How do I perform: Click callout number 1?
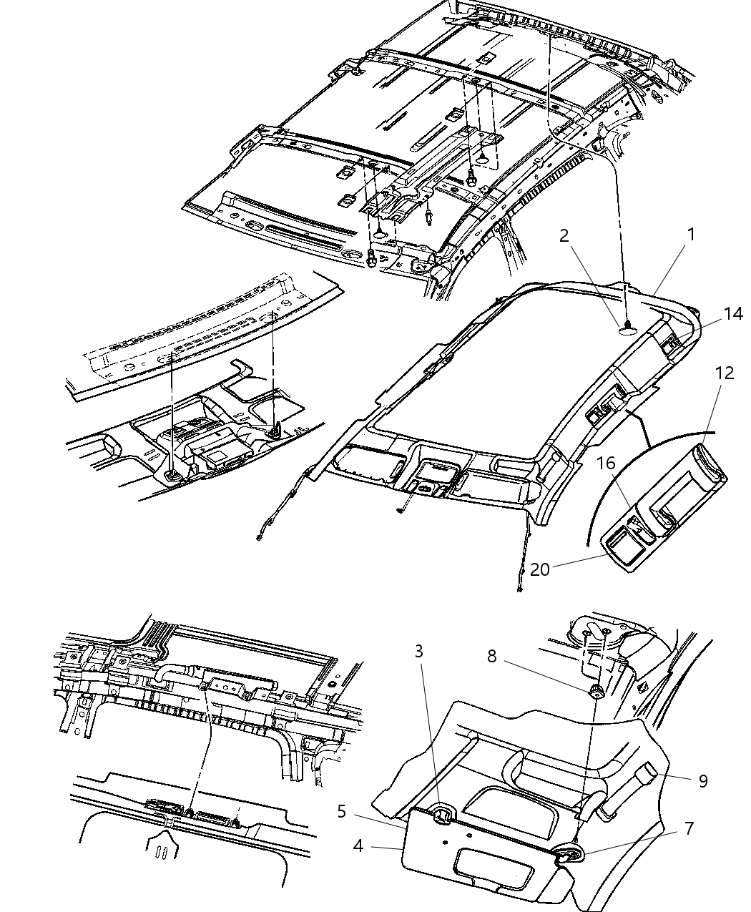point(690,235)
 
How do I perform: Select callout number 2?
point(564,235)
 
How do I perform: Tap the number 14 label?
point(732,313)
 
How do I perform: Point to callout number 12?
point(725,373)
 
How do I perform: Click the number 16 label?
point(606,463)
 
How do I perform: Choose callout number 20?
point(540,569)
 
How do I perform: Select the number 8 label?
point(492,668)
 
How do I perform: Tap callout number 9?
point(703,781)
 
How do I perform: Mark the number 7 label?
point(689,828)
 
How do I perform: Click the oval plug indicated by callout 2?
point(627,331)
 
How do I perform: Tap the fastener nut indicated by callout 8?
point(595,692)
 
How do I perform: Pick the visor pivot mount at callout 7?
point(567,853)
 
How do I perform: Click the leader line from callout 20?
point(580,560)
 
